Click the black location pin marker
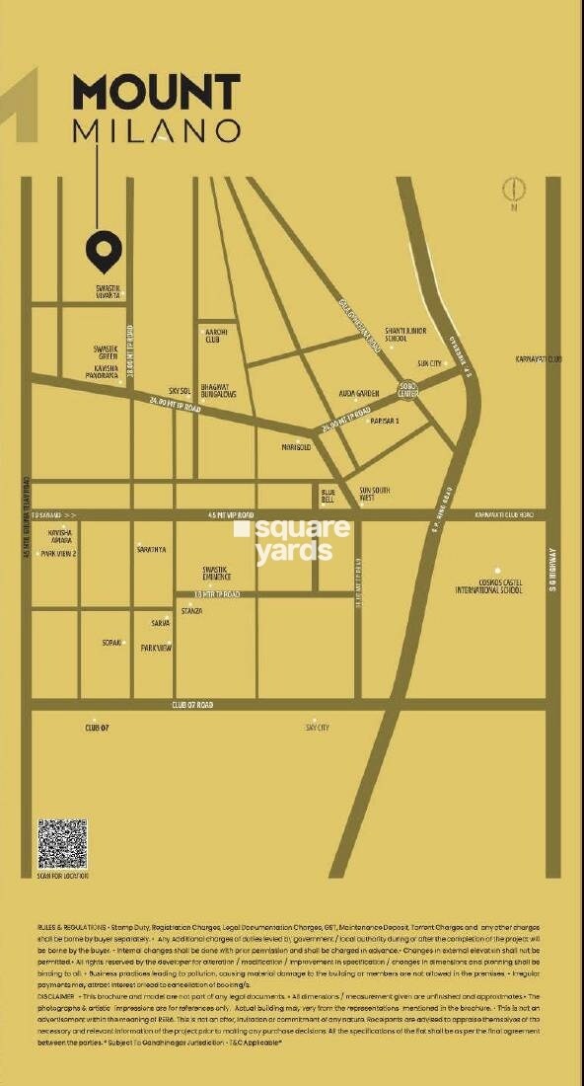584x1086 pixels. (x=104, y=253)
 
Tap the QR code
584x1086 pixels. (x=62, y=843)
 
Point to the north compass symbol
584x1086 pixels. (x=514, y=191)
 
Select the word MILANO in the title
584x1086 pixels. (x=156, y=130)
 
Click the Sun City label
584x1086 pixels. (x=429, y=363)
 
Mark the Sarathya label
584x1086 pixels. (x=151, y=549)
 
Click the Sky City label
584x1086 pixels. (x=318, y=727)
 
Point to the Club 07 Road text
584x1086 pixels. (x=192, y=705)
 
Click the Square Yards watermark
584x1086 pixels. (x=292, y=540)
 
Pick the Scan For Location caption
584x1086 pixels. (x=62, y=876)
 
